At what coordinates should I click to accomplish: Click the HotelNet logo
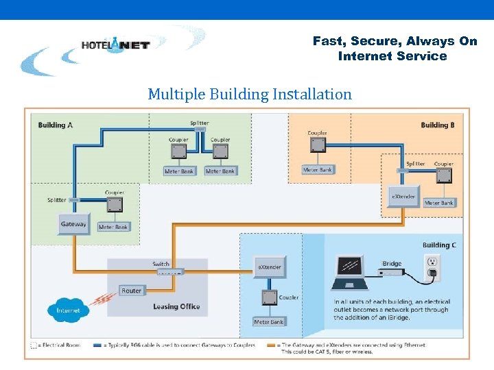115,45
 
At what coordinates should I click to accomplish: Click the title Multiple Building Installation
249,94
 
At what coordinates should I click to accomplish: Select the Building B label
438,125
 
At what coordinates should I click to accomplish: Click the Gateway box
73,225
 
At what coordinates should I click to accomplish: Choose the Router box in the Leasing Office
131,291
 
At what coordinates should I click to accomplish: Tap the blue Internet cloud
68,309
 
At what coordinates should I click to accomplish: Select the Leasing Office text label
176,306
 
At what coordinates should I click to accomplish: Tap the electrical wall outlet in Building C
432,267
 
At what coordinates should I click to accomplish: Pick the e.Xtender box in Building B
403,196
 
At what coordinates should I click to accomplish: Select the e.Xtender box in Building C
269,267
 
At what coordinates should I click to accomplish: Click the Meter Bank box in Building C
268,321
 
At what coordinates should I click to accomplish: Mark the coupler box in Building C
268,297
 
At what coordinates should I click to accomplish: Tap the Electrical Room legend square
34,345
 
